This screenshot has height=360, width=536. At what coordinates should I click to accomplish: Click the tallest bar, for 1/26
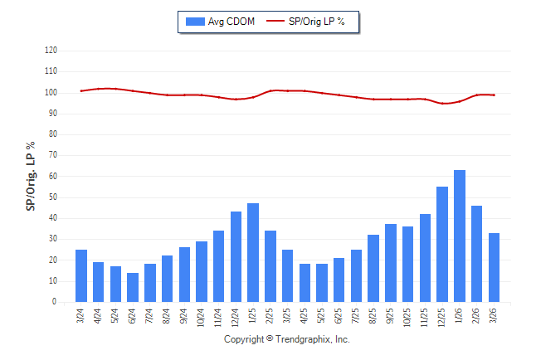(459, 236)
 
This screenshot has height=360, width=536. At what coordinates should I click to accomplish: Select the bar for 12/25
(442, 245)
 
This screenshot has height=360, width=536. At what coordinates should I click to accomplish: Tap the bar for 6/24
(133, 288)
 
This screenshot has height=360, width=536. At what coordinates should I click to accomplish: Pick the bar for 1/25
(253, 253)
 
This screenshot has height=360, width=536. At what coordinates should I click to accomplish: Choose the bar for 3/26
(494, 268)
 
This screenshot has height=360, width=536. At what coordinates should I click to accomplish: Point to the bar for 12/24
(236, 257)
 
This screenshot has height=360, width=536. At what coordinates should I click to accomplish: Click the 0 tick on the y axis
(54, 302)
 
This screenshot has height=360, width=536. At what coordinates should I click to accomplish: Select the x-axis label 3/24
(81, 314)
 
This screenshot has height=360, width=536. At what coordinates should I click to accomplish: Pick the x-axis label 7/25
(357, 314)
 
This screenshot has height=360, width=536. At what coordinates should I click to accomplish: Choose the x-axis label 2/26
(477, 314)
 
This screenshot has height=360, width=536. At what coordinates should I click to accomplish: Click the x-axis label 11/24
(219, 316)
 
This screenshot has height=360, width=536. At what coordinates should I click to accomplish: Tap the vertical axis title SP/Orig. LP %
(31, 176)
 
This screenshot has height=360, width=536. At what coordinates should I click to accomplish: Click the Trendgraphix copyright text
(287, 339)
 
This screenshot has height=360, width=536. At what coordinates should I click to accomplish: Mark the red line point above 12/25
(442, 103)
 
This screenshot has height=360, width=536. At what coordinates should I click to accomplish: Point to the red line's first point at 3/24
(81, 90)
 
